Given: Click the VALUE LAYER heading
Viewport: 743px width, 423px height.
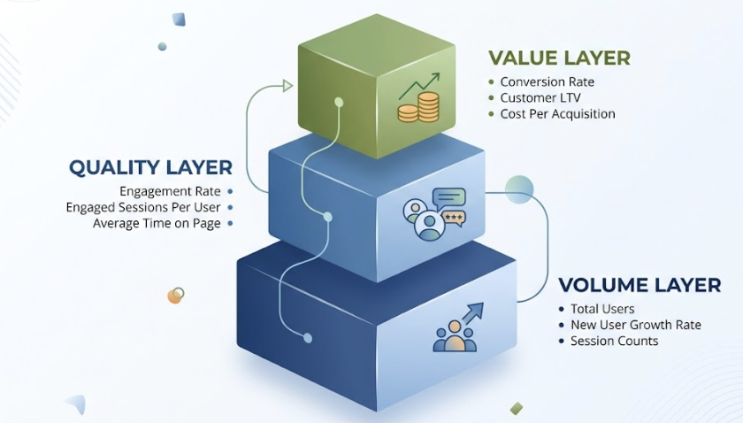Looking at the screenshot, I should coord(559,58).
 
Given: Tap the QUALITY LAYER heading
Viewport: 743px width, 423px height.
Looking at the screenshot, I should coord(150,167).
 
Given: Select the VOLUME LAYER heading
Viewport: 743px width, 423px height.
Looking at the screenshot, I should coord(639,285).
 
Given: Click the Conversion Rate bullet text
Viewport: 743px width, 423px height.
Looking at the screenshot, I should coord(547,82).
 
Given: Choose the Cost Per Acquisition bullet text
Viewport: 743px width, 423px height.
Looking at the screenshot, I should coord(557,114).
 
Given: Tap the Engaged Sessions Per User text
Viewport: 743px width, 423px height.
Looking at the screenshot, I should coord(145,207).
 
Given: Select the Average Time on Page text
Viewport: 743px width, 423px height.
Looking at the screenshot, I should coord(157,223).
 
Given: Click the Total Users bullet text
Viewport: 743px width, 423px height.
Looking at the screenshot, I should coord(602,309).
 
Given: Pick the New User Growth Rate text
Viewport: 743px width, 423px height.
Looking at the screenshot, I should coord(636,325).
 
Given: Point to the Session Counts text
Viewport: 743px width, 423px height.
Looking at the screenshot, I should coord(615,341).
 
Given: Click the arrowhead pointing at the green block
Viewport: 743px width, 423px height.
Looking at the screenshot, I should coord(287,86).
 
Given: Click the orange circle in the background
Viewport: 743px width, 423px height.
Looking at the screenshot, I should coord(175,296).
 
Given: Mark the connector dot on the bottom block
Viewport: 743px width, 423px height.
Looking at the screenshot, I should coord(308,337).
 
